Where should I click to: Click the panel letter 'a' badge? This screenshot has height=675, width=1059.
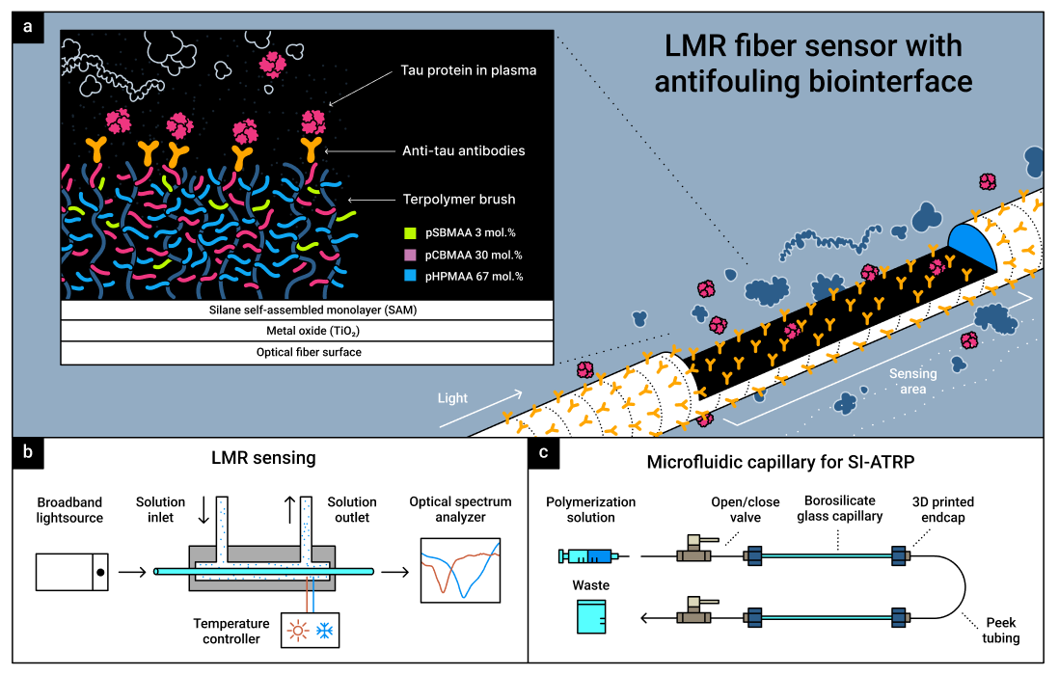click(29, 27)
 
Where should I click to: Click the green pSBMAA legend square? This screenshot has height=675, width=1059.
click(409, 232)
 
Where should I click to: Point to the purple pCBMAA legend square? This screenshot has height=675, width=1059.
click(409, 255)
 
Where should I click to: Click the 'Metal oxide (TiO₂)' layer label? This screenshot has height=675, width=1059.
click(307, 331)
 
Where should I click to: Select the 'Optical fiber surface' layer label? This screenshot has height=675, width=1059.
click(307, 352)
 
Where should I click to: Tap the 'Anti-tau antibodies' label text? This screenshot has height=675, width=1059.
click(464, 151)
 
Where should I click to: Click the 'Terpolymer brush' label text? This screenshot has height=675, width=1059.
click(459, 200)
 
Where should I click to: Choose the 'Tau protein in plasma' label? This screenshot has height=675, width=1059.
click(469, 70)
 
